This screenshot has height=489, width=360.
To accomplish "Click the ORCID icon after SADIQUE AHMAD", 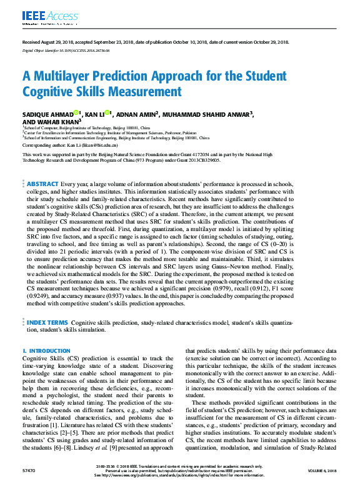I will point(76,113).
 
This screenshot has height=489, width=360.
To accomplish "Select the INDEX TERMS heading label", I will point(47,322).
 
